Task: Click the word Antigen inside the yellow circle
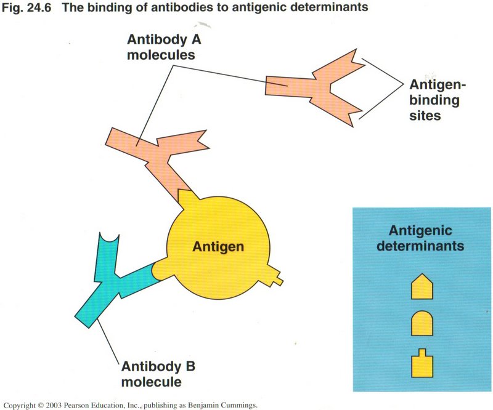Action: (218, 247)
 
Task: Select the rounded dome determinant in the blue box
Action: (422, 322)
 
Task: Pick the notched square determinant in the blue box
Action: (422, 364)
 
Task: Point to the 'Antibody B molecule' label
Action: (158, 374)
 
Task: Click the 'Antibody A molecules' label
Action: (161, 46)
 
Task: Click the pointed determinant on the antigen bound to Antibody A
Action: (185, 198)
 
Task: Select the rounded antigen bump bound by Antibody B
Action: (161, 268)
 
